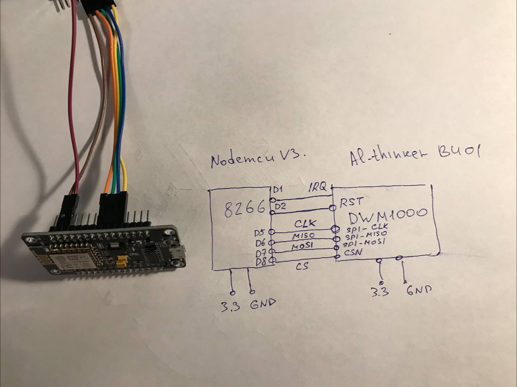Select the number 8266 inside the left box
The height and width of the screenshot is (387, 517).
pyautogui.click(x=244, y=209)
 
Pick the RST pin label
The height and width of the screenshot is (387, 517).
pyautogui.click(x=351, y=201)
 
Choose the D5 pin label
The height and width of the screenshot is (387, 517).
pyautogui.click(x=260, y=233)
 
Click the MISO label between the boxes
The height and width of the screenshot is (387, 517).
pyautogui.click(x=303, y=235)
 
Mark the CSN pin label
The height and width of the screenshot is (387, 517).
pyautogui.click(x=353, y=253)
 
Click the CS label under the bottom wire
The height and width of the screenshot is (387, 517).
pyautogui.click(x=303, y=267)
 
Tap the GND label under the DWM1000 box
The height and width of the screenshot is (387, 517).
pyautogui.click(x=418, y=290)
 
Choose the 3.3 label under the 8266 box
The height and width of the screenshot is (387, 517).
pyautogui.click(x=230, y=306)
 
